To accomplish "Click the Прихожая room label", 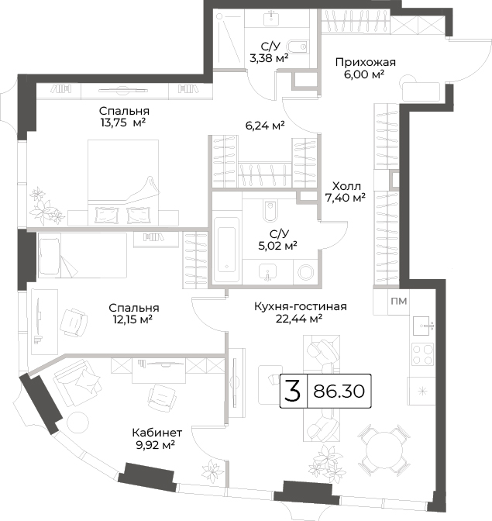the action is [x=365, y=63].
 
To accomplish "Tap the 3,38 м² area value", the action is [x=269, y=58].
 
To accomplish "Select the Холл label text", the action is [x=346, y=186].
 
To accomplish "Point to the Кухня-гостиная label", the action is [x=301, y=306].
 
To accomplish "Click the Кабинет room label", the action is [x=157, y=433].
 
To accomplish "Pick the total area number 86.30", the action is [x=339, y=391].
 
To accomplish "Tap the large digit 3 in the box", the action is [x=293, y=391].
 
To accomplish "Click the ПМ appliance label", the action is [x=399, y=301].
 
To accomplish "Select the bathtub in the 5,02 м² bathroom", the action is [x=226, y=250].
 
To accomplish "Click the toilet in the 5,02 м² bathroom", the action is [x=269, y=210].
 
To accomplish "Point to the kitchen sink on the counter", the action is [x=423, y=326].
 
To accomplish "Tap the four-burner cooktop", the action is [x=422, y=354].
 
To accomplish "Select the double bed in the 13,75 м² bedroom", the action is [x=123, y=182].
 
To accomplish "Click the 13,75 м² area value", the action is [x=123, y=122].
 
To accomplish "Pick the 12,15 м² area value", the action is [x=132, y=319].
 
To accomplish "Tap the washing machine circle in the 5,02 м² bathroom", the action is [x=306, y=272].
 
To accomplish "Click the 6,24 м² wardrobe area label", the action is [x=265, y=126].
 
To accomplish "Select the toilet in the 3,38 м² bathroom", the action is [x=297, y=47].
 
